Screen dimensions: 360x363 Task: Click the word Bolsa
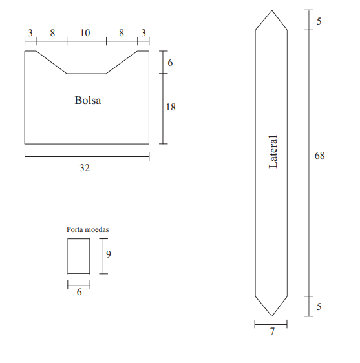pos(88,101)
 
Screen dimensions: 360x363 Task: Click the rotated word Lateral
pos(273,152)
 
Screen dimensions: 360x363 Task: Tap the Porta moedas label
pos(87,229)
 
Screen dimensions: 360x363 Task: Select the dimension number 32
pos(85,168)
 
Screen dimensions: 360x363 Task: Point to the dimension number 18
pos(171,107)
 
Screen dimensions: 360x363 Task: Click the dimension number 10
pos(85,33)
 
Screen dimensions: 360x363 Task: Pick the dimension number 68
pos(319,155)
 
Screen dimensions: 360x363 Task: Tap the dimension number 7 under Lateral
pos(272,331)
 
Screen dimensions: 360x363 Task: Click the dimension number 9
pos(109,254)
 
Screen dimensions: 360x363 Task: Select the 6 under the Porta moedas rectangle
pos(79,292)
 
